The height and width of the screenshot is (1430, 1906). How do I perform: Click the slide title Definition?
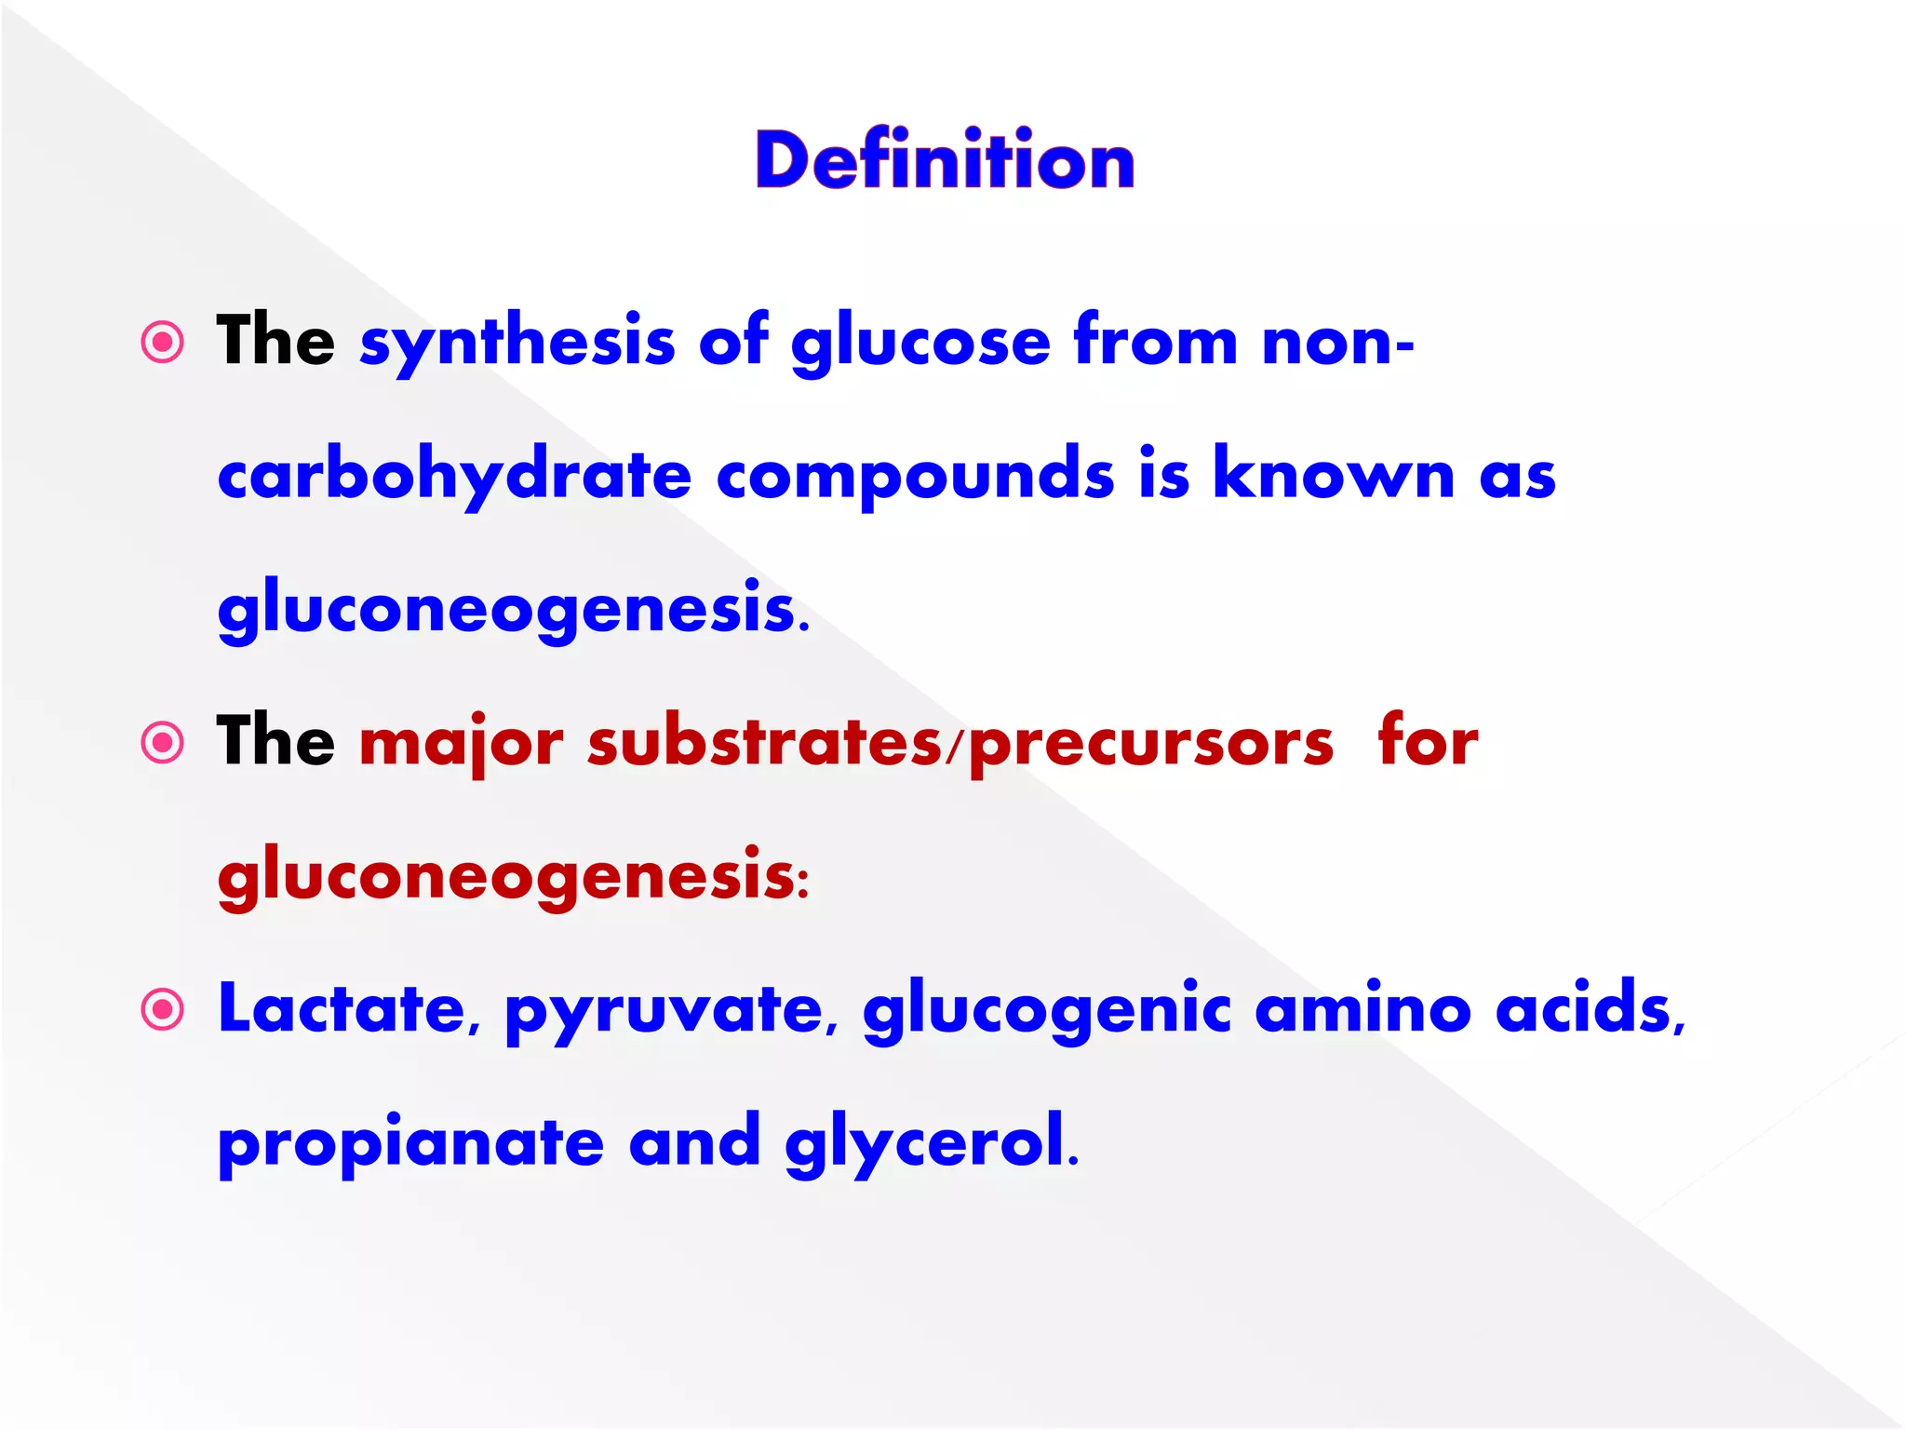pyautogui.click(x=945, y=160)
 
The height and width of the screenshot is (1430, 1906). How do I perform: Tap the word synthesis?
pyautogui.click(x=517, y=342)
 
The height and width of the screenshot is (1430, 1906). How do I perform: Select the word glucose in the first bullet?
pyautogui.click(x=920, y=342)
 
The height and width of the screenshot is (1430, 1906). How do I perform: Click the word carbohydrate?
pyautogui.click(x=454, y=475)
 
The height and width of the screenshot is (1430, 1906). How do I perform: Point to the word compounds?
pyautogui.click(x=915, y=475)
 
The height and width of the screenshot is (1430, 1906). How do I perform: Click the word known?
pyautogui.click(x=1334, y=475)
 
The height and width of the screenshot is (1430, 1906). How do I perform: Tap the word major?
pyautogui.click(x=462, y=743)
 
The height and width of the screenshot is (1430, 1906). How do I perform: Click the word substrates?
pyautogui.click(x=764, y=743)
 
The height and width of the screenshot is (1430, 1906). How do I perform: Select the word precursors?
pyautogui.click(x=1151, y=743)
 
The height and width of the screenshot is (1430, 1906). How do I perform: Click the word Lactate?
pyautogui.click(x=342, y=1009)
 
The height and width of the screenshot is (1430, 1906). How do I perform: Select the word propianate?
pyautogui.click(x=410, y=1143)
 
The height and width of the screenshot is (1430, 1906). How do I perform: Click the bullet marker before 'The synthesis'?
pyautogui.click(x=163, y=343)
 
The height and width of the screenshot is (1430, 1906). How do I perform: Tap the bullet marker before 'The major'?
pyautogui.click(x=163, y=743)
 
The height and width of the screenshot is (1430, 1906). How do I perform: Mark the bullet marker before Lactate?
pyautogui.click(x=163, y=1010)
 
